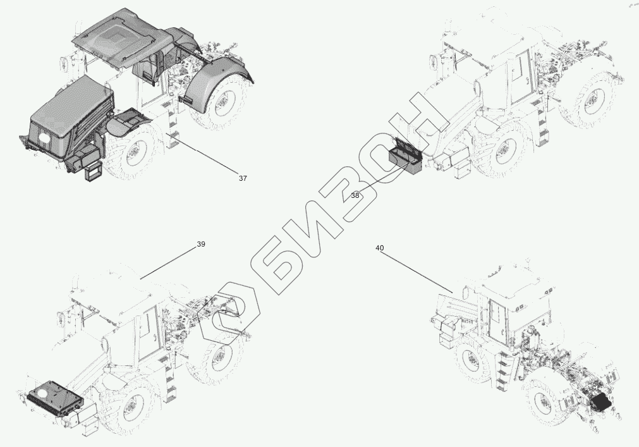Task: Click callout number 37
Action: click(x=243, y=178)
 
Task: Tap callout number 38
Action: click(x=355, y=195)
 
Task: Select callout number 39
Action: click(x=201, y=245)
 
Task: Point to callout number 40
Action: click(x=379, y=248)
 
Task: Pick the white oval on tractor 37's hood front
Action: click(x=44, y=137)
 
